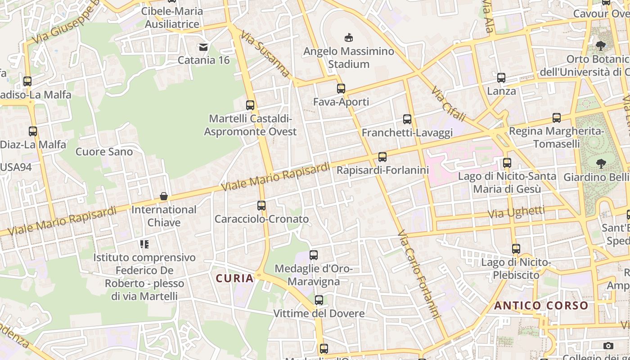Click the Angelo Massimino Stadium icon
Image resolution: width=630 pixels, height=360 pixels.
click(x=348, y=37)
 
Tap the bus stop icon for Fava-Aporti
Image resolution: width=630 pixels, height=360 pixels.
click(x=341, y=89)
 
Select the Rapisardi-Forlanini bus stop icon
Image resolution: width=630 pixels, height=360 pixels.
click(x=382, y=157)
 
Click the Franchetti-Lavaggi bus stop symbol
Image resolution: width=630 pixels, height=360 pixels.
click(x=407, y=119)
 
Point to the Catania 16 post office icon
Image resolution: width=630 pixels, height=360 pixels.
click(x=203, y=47)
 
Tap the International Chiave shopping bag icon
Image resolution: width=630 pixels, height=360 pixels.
click(x=164, y=197)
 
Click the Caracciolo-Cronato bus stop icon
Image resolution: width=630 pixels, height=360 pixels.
click(x=261, y=206)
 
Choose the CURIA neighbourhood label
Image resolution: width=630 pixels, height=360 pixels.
click(x=235, y=279)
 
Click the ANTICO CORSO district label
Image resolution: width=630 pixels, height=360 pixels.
click(x=541, y=306)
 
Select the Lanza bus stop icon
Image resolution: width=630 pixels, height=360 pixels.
click(x=501, y=78)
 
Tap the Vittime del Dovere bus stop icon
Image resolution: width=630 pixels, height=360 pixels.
click(x=319, y=300)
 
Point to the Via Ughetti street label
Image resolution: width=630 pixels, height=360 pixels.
click(x=517, y=212)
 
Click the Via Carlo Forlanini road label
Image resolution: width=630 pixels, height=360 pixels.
click(x=418, y=274)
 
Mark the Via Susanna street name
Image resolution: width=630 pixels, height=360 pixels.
click(x=265, y=54)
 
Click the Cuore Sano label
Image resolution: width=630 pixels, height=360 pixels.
click(x=104, y=152)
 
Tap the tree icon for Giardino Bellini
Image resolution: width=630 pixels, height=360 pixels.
click(x=600, y=163)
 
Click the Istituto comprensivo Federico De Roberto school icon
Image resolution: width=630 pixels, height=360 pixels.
click(x=144, y=244)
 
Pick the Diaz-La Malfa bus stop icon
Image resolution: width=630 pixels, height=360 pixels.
click(x=33, y=131)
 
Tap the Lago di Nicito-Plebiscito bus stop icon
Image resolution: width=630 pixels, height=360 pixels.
click(x=516, y=248)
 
